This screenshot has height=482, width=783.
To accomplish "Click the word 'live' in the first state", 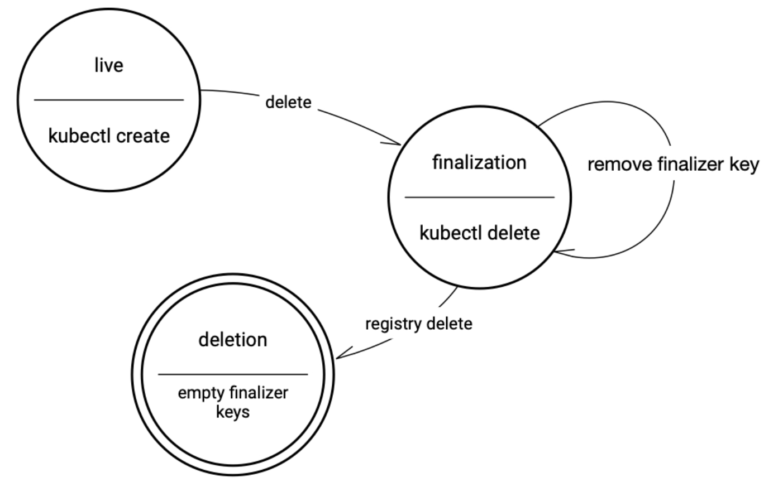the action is coord(109,65).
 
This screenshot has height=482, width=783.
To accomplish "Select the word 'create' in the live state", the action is coord(143,136).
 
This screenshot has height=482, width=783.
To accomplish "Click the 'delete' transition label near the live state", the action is coord(288,102).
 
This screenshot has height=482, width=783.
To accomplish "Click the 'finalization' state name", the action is coord(480,162).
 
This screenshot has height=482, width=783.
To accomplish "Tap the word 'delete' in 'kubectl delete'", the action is coord(514,233).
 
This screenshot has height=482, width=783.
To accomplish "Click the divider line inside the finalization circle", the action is coord(480,197).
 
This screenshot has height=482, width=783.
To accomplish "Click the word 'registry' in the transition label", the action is coord(394,325).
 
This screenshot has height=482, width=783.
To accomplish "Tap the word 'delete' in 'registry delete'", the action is coord(450,324).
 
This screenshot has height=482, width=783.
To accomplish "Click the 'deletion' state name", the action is coord(233,340).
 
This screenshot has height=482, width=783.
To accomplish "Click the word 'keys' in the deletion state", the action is coord(233,412).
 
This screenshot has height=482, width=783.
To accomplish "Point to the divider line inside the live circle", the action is coord(109,100).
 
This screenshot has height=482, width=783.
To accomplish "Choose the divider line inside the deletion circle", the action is coord(233,374).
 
